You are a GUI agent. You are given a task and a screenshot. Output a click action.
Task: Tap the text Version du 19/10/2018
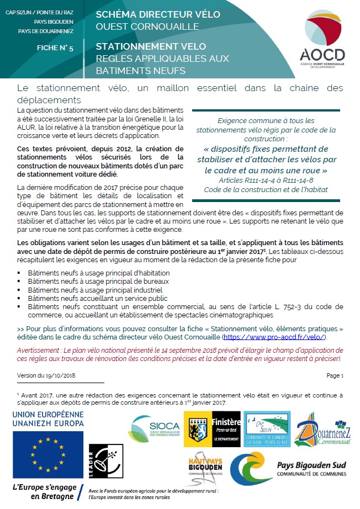tap(47, 375)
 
